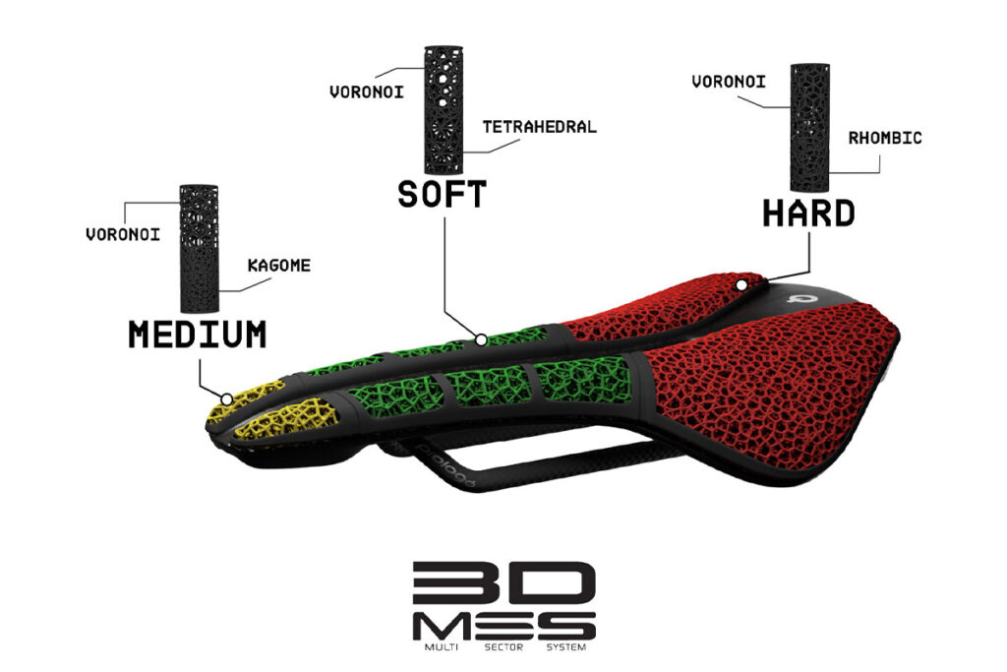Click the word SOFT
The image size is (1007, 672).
coord(442,194)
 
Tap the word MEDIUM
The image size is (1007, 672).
coord(197,335)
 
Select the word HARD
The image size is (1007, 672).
coord(808,214)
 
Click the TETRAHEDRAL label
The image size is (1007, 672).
coord(540,127)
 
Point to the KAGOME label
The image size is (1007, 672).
coord(278,266)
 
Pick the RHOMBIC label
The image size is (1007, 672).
coord(885,138)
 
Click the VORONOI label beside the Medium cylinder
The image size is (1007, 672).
coord(123,234)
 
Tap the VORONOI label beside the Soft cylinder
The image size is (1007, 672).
coord(367,92)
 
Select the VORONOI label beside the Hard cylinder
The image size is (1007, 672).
coord(729,82)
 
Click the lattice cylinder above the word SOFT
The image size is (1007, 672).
coord(444,110)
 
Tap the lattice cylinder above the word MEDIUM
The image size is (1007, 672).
coord(199,249)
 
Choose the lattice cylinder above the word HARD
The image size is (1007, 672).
coord(810,127)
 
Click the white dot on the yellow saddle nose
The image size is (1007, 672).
coord(227,398)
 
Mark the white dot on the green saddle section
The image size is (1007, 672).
coord(481,339)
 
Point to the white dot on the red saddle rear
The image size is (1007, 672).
coord(741,284)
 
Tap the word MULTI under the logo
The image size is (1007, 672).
coord(442,647)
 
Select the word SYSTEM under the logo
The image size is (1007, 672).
coord(565,647)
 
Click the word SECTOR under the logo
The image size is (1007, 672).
coord(503,647)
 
